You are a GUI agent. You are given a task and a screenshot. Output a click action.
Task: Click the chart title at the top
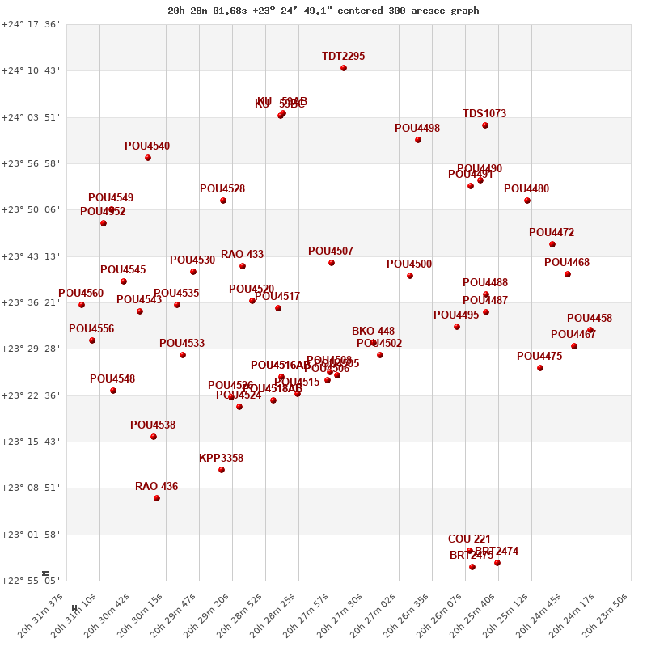(323, 11)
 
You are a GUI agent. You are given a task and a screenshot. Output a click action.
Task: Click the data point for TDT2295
(344, 68)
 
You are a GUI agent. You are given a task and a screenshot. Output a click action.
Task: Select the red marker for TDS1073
(485, 125)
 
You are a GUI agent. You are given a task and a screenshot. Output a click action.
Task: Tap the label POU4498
(417, 129)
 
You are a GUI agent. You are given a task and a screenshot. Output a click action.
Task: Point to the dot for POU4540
(148, 158)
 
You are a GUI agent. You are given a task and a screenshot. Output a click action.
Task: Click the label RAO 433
(242, 255)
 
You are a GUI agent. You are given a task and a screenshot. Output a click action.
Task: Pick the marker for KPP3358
(222, 470)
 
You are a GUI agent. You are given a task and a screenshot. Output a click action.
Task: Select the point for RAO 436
(157, 498)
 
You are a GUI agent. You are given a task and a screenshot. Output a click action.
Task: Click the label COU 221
(469, 539)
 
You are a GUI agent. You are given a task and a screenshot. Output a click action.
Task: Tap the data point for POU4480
(527, 201)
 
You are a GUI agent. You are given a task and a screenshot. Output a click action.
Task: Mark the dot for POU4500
(410, 276)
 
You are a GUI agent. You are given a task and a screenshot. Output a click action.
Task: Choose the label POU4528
(222, 189)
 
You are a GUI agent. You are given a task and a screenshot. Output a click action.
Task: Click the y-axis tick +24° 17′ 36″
(31, 24)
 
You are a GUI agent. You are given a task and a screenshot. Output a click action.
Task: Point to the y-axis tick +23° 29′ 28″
(31, 349)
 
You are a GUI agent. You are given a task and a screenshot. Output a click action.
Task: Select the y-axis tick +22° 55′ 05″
(31, 581)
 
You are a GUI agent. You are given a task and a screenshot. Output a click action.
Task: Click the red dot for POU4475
(540, 368)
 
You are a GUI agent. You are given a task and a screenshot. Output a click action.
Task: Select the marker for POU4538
(154, 437)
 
